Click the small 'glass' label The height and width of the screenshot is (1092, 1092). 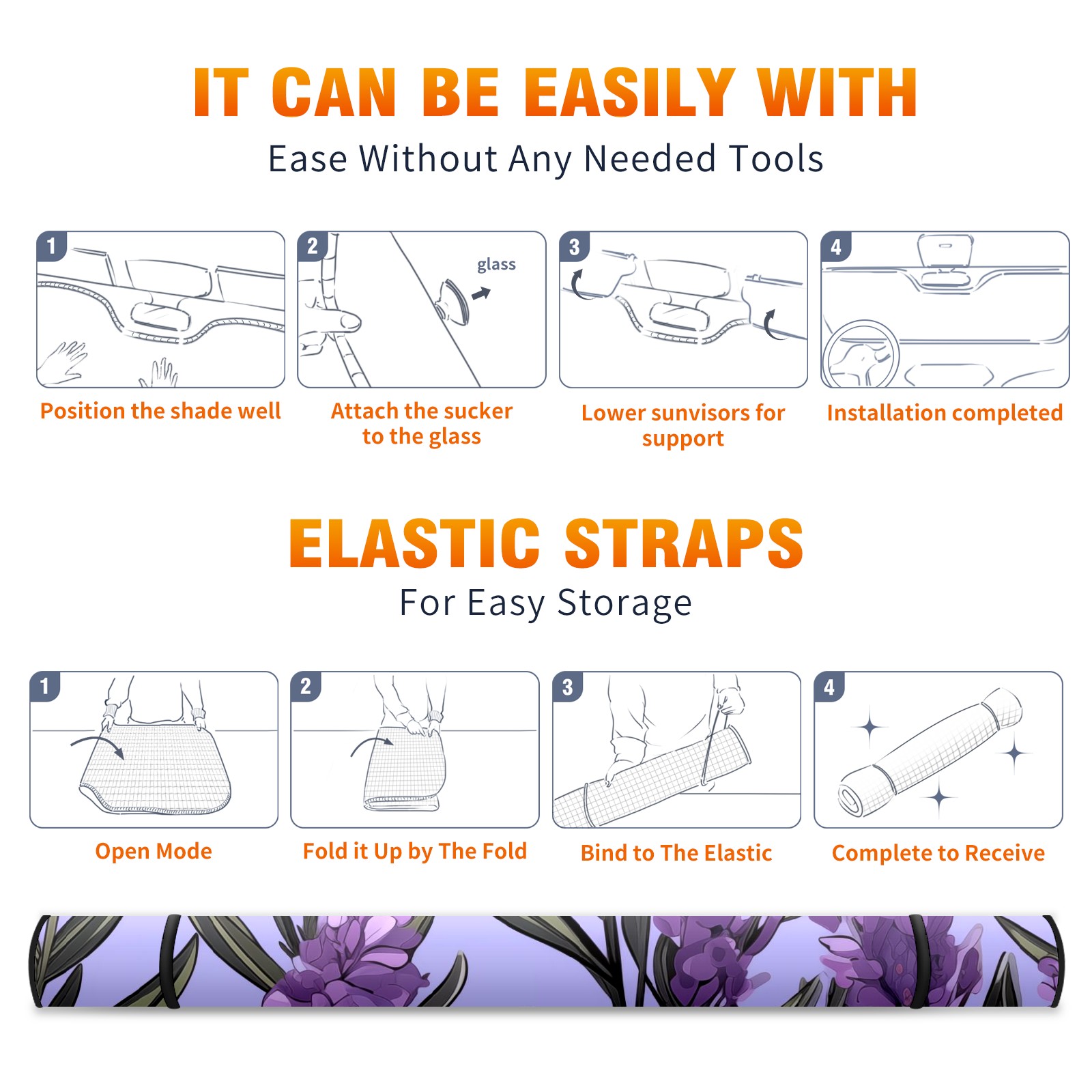click(x=496, y=265)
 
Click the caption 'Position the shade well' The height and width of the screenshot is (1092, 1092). click(x=160, y=411)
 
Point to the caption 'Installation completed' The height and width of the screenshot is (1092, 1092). click(x=945, y=413)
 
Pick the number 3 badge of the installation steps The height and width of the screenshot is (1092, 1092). click(x=574, y=246)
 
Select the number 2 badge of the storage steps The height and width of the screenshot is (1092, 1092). click(x=305, y=686)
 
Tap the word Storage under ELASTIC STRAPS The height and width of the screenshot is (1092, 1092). click(x=624, y=603)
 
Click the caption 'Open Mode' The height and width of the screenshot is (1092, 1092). click(x=154, y=851)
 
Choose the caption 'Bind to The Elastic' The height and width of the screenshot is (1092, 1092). click(x=676, y=853)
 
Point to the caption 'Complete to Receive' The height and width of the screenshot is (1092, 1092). click(x=938, y=853)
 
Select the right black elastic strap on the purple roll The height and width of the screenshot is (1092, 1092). click(x=918, y=961)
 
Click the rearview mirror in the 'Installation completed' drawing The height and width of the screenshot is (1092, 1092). click(x=945, y=251)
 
